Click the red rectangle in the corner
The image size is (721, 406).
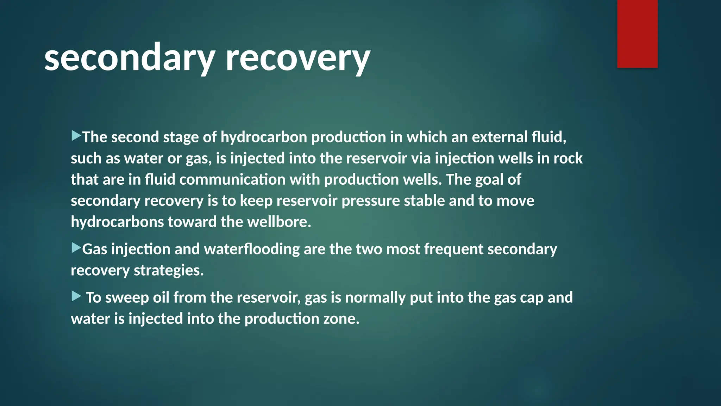pos(637,33)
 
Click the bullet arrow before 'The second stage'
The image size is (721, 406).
pos(76,136)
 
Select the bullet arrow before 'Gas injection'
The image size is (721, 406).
pos(76,248)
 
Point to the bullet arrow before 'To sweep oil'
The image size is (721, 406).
pos(76,296)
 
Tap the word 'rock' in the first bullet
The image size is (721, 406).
pos(568,158)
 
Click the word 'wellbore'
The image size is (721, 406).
pos(279,222)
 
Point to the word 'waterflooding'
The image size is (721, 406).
pos(252,249)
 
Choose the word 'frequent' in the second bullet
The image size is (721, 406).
pos(453,249)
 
